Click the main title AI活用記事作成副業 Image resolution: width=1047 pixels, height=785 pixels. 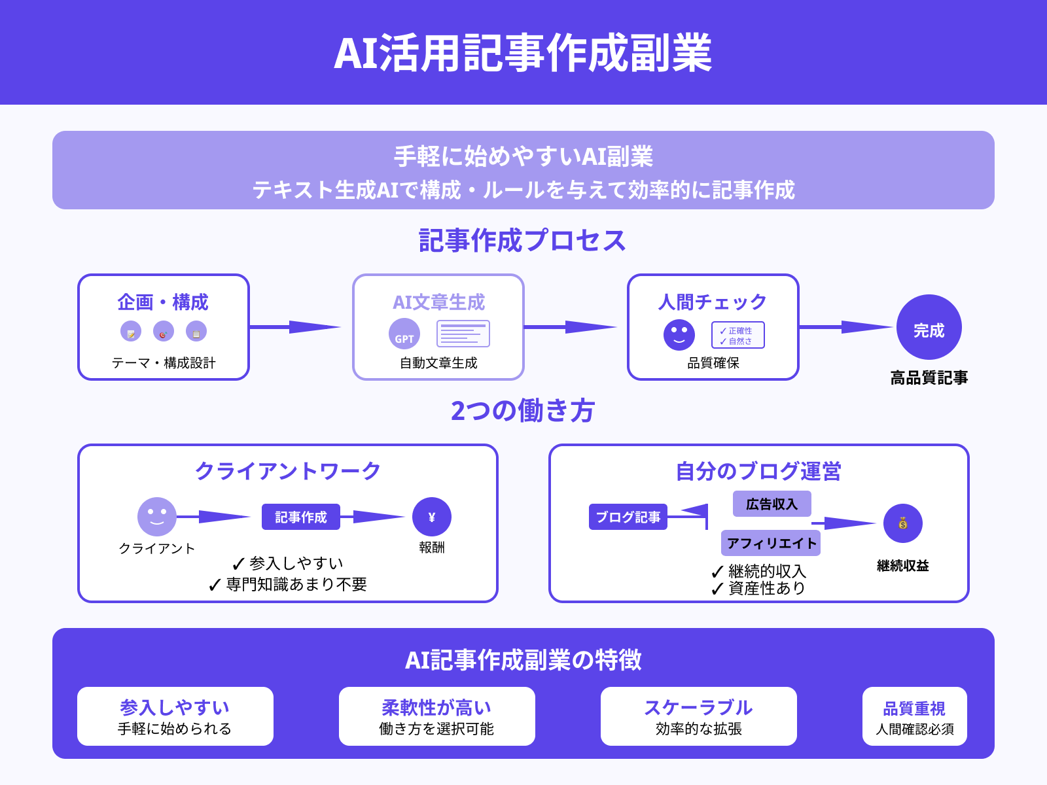(x=523, y=53)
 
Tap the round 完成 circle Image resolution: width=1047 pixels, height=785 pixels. (x=929, y=327)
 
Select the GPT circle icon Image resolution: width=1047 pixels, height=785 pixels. (x=404, y=334)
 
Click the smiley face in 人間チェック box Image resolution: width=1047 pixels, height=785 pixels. (x=679, y=335)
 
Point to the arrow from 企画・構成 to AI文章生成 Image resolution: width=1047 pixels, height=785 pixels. (x=294, y=327)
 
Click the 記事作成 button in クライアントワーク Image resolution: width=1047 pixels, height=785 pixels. (x=301, y=517)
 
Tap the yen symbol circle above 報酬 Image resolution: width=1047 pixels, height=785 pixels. (x=432, y=517)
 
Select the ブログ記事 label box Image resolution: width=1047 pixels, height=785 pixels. (x=628, y=517)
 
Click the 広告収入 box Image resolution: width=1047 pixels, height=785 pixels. (x=772, y=504)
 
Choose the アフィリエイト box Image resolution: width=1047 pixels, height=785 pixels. (x=771, y=543)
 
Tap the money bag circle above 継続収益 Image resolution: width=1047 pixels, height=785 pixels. (x=902, y=523)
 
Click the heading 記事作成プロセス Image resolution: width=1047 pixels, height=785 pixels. (x=523, y=241)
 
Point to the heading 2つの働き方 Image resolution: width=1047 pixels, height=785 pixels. (x=523, y=411)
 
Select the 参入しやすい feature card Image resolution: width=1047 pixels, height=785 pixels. (x=175, y=716)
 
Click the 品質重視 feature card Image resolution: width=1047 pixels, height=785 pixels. (x=914, y=716)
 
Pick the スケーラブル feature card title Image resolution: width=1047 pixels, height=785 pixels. (x=698, y=708)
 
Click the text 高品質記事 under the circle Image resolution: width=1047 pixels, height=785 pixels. (x=929, y=377)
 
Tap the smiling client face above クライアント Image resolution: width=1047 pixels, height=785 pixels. (x=157, y=517)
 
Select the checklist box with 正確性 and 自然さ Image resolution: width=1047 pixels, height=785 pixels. (x=737, y=335)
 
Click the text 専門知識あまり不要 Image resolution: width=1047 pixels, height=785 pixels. (x=296, y=584)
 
